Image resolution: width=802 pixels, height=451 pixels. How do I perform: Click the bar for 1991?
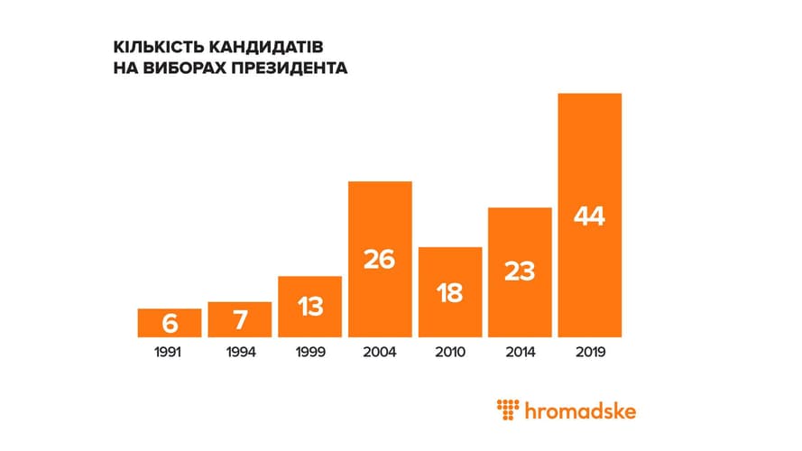(x=169, y=322)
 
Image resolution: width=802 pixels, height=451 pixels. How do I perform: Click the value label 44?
(x=590, y=217)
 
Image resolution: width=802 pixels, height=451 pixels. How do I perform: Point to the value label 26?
(x=380, y=260)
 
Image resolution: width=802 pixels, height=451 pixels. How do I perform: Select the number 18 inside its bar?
(x=450, y=291)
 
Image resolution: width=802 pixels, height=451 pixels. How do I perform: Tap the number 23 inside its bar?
(x=520, y=272)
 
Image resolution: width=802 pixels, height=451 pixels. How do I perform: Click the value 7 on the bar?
(x=239, y=319)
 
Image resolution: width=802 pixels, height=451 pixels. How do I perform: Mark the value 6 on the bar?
(x=169, y=323)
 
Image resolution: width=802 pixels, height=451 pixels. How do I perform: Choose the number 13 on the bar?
(x=309, y=307)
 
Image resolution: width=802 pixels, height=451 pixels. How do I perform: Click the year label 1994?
(x=239, y=352)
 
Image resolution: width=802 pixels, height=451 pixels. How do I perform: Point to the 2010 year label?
(x=450, y=352)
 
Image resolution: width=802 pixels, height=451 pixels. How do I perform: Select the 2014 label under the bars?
(x=520, y=352)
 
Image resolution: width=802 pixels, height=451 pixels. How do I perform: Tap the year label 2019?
(x=590, y=352)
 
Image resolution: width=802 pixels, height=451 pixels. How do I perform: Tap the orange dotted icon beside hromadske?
(x=510, y=410)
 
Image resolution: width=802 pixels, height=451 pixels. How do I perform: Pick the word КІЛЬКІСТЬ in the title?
(x=158, y=46)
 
